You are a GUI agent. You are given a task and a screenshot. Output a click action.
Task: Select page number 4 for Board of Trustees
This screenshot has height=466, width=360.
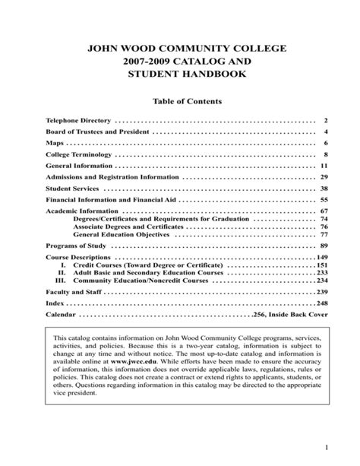[324, 132]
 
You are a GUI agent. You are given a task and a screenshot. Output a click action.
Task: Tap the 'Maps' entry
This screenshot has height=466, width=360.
[55, 143]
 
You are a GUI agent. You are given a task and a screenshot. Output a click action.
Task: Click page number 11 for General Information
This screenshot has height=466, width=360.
[323, 165]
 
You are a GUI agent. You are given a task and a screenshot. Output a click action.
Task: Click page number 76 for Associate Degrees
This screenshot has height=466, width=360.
[323, 227]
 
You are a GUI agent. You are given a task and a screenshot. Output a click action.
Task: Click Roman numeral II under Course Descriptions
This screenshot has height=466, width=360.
[64, 272]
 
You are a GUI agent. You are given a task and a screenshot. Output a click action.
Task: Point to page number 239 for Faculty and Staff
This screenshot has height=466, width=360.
[321, 292]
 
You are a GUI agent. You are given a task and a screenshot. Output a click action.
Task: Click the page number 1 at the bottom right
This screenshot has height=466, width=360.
[324, 447]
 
